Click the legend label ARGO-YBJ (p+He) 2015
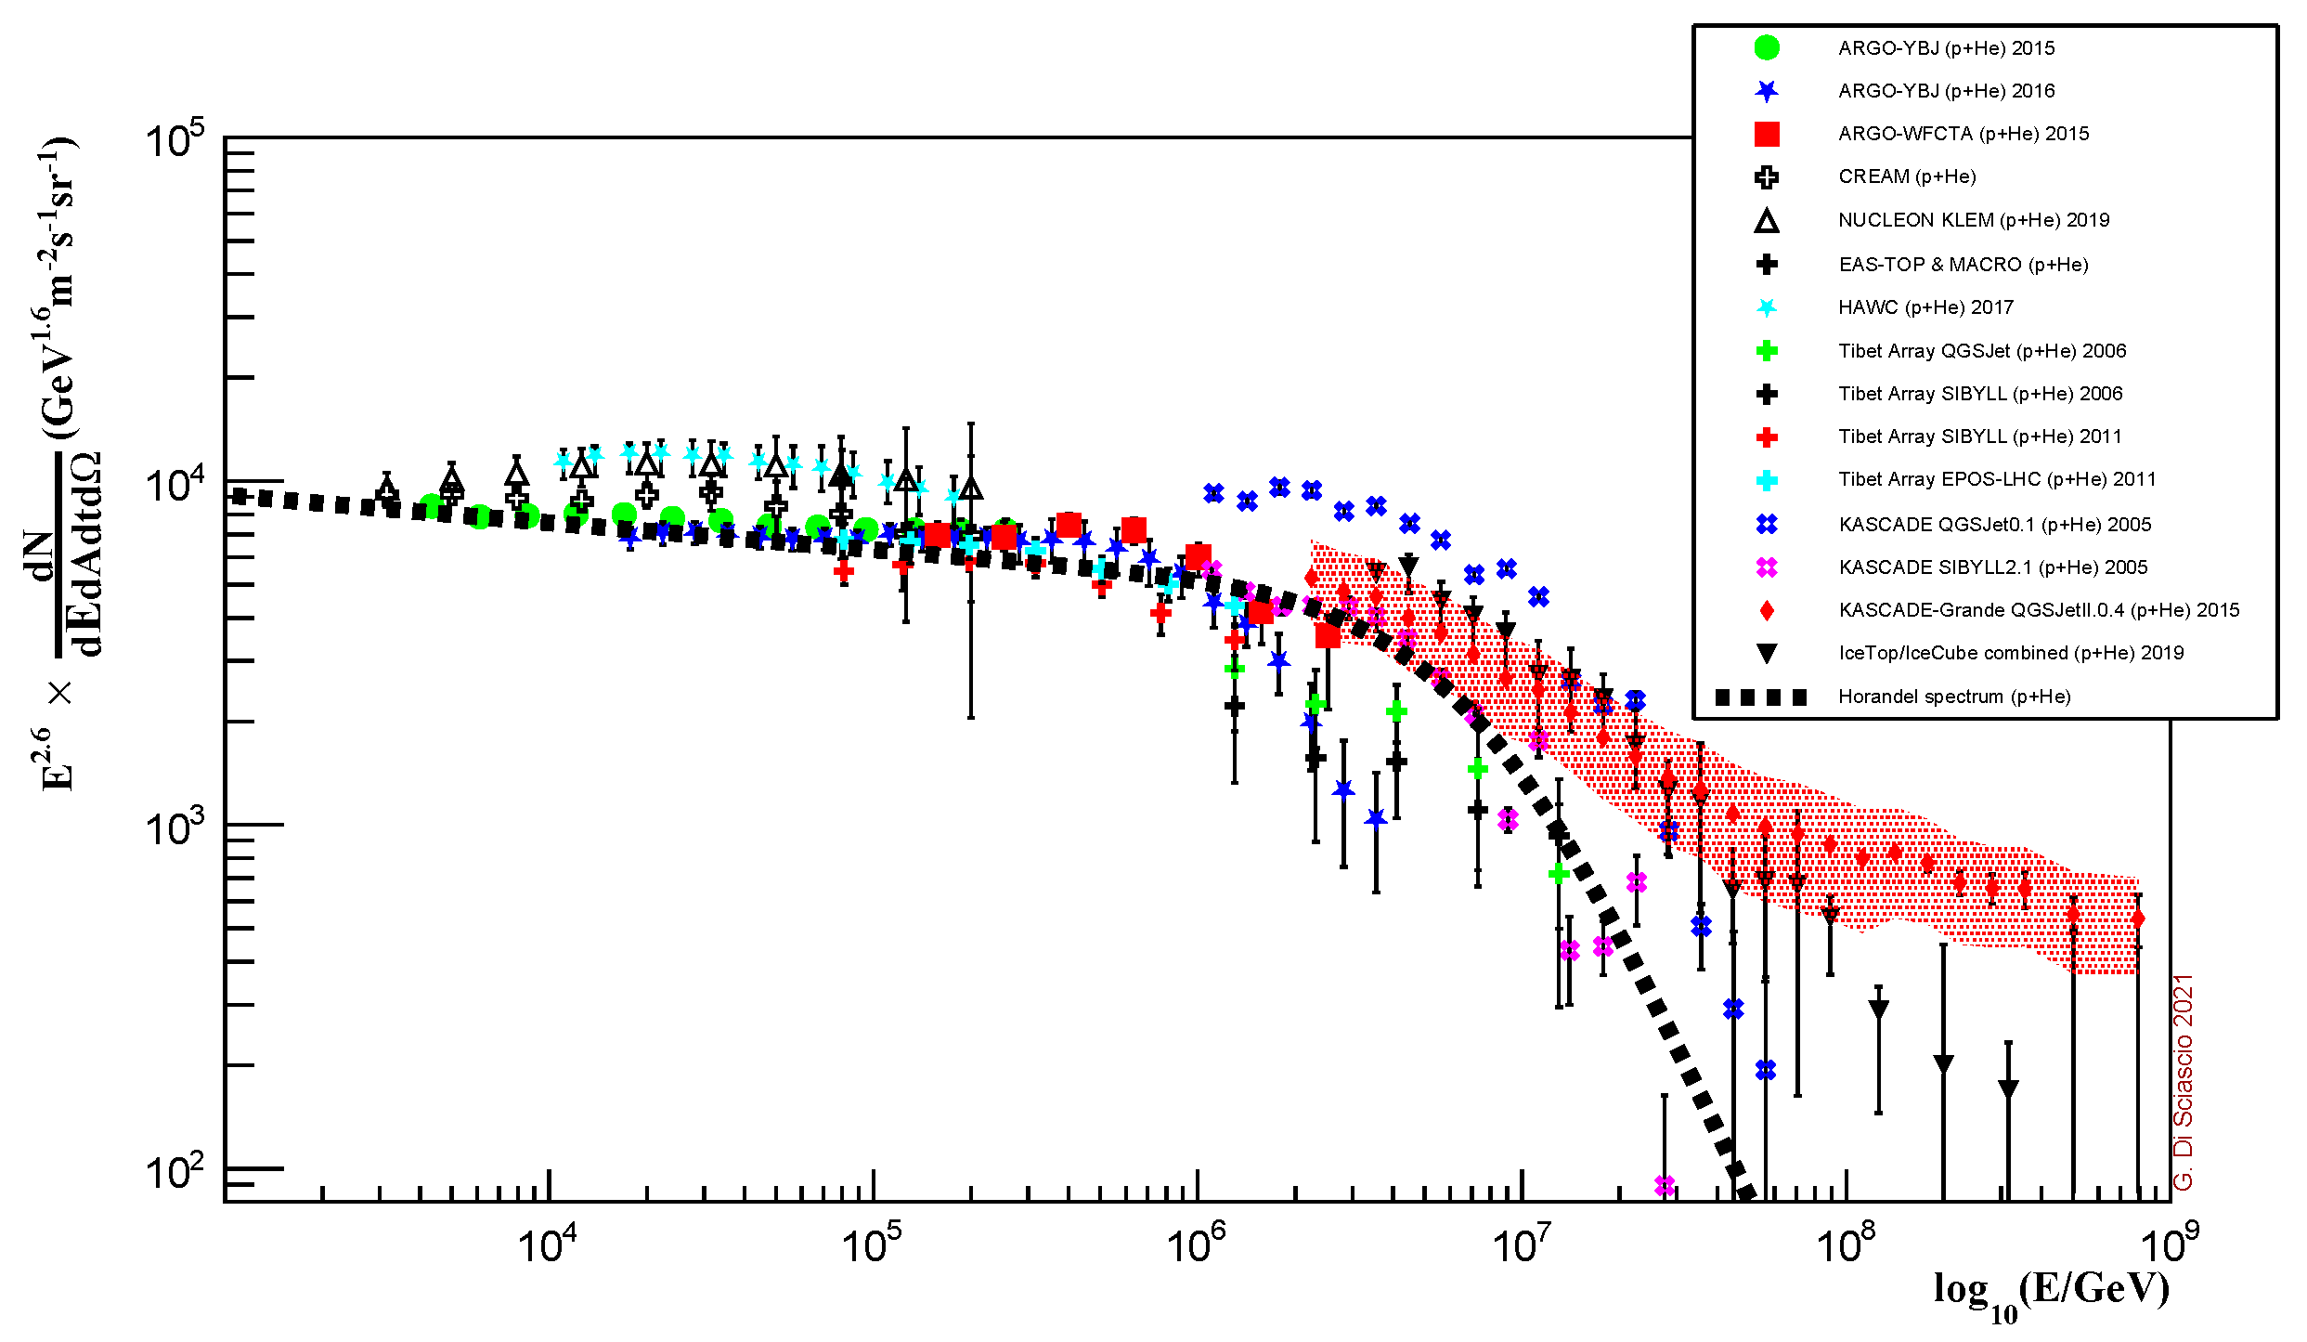pos(1946,48)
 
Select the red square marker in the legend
pos(1767,134)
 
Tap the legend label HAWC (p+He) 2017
pos(1925,307)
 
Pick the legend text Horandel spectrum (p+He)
pos(1954,697)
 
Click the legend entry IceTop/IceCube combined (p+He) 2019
pos(2011,653)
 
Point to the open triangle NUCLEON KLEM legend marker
pos(1767,221)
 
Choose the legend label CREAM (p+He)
pos(1907,176)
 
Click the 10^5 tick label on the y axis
pos(175,141)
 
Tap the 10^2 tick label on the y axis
pos(175,1172)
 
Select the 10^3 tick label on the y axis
pos(175,827)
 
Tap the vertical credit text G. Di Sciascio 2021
pos(2184,1082)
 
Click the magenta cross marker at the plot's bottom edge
pos(1665,1186)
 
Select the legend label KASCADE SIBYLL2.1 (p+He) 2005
pos(1993,567)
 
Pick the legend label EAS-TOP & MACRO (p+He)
pos(1964,265)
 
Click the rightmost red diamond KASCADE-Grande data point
pos(2138,919)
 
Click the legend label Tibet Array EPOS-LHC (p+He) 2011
pos(1997,479)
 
